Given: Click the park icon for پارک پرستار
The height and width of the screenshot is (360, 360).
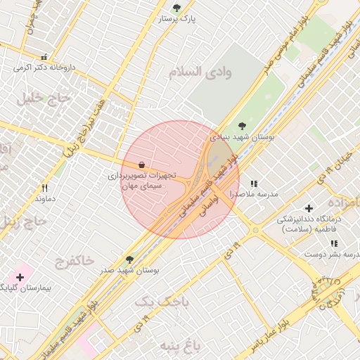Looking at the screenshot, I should coord(176,8).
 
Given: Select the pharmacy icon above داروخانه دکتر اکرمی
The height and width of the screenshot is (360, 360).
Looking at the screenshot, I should coord(44,57).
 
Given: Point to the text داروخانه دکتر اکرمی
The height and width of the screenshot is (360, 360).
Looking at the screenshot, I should coord(44,68).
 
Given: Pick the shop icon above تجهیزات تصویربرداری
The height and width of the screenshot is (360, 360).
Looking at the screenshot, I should coord(142,164).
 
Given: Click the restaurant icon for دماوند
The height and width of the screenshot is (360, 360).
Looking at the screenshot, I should coord(45,188).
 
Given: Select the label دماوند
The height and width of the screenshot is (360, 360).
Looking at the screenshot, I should coord(45,199).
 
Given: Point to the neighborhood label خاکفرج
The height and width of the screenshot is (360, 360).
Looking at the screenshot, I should coord(74,261).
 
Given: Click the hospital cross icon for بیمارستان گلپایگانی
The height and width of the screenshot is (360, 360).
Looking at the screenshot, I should coord(20,277).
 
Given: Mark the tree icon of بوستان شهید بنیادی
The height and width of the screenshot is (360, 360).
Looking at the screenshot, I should coord(242,126).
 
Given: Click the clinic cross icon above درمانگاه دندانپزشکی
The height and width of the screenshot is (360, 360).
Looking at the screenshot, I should coord(309,208).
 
